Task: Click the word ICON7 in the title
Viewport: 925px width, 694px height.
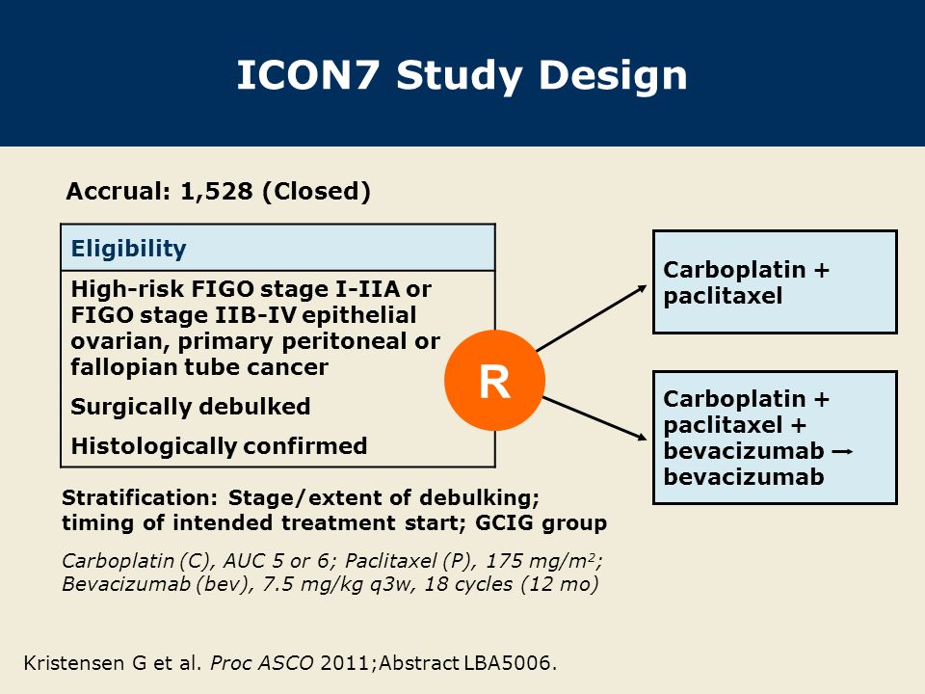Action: click(310, 75)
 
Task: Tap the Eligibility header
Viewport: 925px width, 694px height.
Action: click(129, 249)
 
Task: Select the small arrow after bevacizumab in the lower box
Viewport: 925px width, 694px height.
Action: click(841, 451)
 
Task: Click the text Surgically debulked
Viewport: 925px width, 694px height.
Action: click(191, 407)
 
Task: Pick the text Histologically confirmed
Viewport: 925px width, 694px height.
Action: click(219, 446)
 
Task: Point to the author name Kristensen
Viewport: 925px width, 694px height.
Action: click(72, 663)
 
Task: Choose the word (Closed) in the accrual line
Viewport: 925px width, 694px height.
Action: click(317, 191)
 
